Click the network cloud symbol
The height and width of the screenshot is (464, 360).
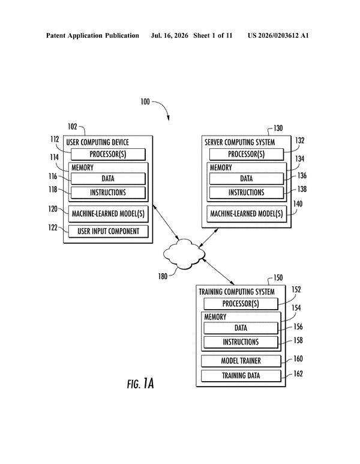(185, 254)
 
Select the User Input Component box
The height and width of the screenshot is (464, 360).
(108, 231)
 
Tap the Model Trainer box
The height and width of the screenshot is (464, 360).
(241, 361)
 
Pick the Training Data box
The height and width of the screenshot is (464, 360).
(241, 376)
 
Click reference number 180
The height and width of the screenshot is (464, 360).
(163, 276)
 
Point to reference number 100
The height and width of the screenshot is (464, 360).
(145, 102)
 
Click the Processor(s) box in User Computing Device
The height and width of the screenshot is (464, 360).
(108, 154)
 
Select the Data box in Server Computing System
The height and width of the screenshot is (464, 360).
(247, 178)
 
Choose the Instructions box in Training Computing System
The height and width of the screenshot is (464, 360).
(241, 342)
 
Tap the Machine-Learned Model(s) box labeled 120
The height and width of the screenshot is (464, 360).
(108, 214)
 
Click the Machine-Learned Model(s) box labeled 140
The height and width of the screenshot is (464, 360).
(247, 214)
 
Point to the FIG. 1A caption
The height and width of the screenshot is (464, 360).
(140, 384)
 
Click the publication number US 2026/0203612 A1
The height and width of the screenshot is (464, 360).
(278, 35)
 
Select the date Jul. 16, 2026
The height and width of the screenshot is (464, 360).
(169, 36)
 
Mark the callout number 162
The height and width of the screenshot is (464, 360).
(298, 374)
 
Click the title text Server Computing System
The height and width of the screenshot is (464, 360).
(240, 142)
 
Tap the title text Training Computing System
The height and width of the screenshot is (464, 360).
(236, 292)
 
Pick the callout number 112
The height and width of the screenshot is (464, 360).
(55, 139)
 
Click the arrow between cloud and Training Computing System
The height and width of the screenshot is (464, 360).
(218, 271)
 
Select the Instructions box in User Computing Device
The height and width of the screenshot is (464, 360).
(108, 193)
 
